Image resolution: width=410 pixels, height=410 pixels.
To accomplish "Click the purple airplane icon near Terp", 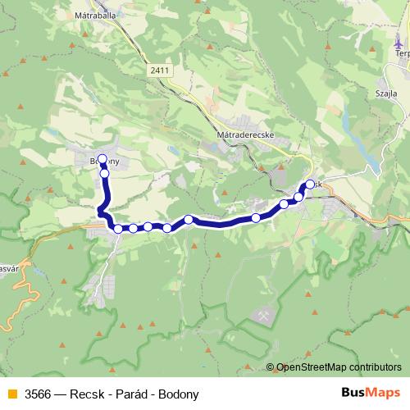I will [399, 43].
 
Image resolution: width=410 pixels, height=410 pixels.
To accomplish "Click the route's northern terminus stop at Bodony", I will [102, 159].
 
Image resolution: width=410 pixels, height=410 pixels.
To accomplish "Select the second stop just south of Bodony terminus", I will [105, 173].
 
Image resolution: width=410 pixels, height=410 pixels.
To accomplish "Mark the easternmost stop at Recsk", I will [310, 184].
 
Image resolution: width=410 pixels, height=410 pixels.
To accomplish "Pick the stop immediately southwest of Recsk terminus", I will [298, 197].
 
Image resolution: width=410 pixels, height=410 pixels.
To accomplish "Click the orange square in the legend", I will [10, 394].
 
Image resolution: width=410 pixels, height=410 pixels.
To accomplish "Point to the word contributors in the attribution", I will [376, 367].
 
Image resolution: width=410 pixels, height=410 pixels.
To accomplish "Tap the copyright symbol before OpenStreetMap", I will [271, 367].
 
